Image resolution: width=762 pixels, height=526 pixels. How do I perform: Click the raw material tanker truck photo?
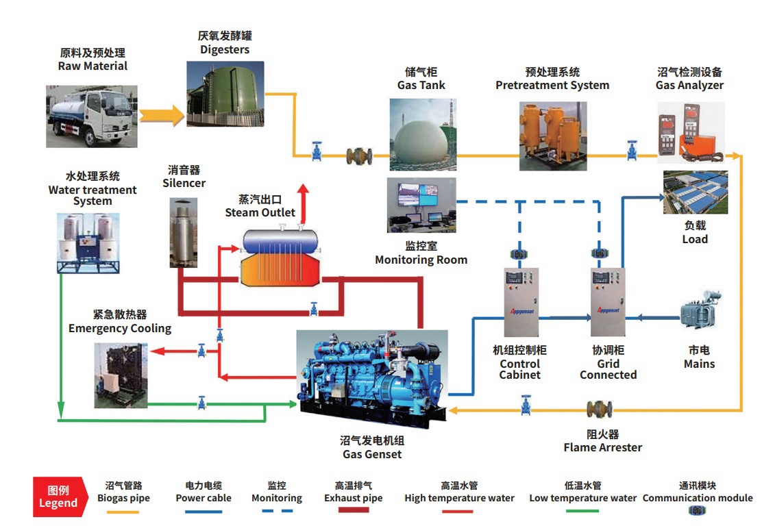coord(91,116)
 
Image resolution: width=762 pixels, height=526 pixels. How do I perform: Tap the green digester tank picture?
coord(225,94)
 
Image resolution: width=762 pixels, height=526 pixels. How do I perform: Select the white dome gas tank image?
coord(423,134)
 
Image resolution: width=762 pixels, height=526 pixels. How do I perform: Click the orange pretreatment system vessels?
coord(553,136)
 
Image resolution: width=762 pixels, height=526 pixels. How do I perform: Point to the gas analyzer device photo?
coord(691,133)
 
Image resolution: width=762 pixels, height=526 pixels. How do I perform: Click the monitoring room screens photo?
coord(421,205)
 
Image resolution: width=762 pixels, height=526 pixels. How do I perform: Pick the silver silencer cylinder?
coord(183,233)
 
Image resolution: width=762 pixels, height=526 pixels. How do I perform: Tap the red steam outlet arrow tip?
coord(304,185)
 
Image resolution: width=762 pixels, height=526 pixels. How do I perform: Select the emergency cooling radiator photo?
coord(121,375)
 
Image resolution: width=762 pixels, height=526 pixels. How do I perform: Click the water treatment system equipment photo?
coord(88,243)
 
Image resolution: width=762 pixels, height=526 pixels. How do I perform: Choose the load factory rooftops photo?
coord(696,192)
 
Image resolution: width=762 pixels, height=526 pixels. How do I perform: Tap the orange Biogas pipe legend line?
coord(123,512)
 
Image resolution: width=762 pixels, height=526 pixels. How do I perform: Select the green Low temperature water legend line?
coord(582,511)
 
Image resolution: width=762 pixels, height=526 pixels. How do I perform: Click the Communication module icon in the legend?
coord(697,510)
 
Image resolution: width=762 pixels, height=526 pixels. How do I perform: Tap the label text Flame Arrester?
coord(602,447)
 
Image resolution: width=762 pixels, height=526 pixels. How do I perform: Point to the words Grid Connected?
coord(608,369)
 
